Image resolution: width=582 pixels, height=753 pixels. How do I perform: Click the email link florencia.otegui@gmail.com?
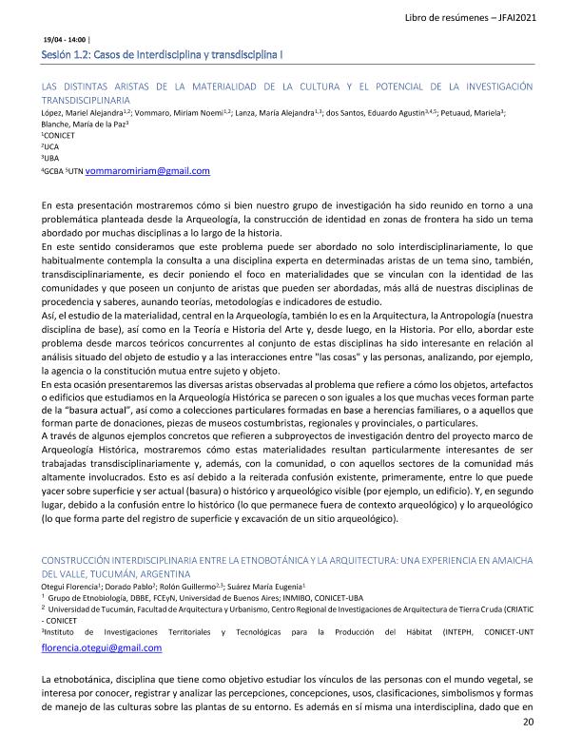coord(102,647)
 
